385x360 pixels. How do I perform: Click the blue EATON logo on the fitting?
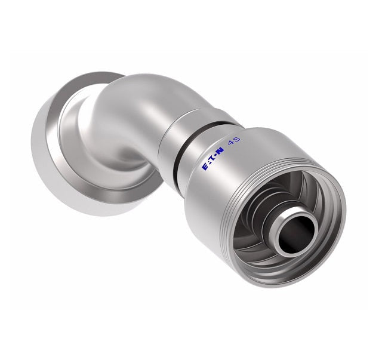212,165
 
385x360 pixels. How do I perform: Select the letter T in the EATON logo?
212,166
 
